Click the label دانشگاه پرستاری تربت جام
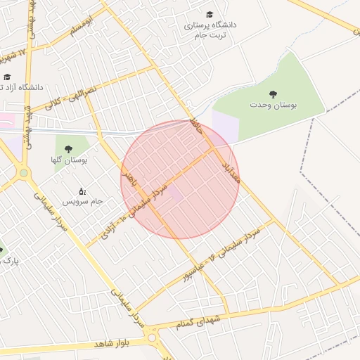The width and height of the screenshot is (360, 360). point(210,30)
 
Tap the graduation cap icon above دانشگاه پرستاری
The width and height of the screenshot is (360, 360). point(210,14)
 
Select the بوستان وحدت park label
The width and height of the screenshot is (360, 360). point(273,105)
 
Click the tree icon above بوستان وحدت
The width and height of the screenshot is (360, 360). point(273,93)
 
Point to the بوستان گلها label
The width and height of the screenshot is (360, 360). point(69,160)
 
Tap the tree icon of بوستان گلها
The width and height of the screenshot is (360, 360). point(69,148)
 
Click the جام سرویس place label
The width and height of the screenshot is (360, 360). point(84,202)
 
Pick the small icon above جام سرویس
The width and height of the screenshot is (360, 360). point(83,191)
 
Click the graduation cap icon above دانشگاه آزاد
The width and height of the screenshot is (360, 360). point(7,77)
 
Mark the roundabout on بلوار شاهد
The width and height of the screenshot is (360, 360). point(152,338)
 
